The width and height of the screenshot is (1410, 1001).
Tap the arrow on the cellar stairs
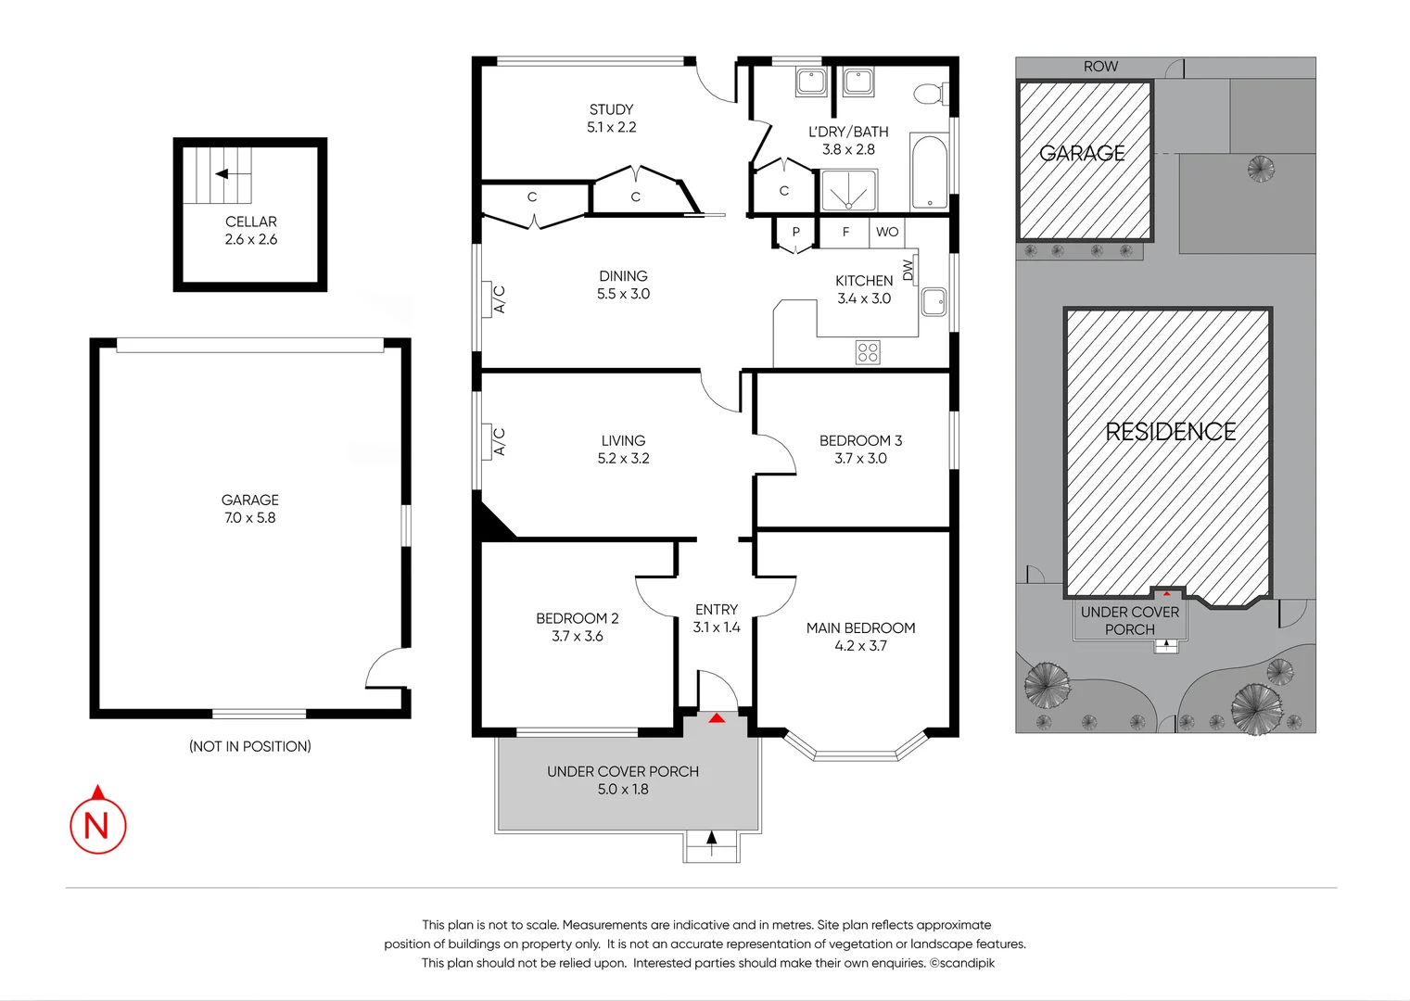pyautogui.click(x=222, y=173)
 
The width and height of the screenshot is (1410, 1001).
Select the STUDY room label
pyautogui.click(x=611, y=109)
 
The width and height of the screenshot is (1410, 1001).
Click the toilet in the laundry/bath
pyautogui.click(x=929, y=94)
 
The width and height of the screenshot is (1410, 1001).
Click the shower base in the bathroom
pyautogui.click(x=848, y=191)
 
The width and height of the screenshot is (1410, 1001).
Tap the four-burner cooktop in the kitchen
pyautogui.click(x=868, y=352)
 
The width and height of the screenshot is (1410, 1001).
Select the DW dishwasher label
pyautogui.click(x=908, y=269)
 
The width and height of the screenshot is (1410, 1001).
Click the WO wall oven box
pyautogui.click(x=887, y=232)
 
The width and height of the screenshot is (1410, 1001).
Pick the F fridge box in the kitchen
pyautogui.click(x=845, y=232)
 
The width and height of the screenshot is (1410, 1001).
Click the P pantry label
pyautogui.click(x=795, y=232)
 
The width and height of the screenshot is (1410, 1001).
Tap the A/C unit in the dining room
pyautogui.click(x=499, y=298)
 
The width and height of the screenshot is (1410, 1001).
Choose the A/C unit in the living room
pyautogui.click(x=499, y=441)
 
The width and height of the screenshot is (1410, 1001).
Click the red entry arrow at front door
pyautogui.click(x=718, y=717)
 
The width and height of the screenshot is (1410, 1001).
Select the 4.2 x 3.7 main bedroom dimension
pyautogui.click(x=860, y=646)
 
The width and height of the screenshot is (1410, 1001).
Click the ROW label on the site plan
pyautogui.click(x=1100, y=67)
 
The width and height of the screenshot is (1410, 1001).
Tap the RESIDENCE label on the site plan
pyautogui.click(x=1170, y=432)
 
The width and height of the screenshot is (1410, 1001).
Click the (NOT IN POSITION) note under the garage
pyautogui.click(x=250, y=746)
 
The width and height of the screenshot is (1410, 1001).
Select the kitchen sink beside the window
pyautogui.click(x=934, y=302)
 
